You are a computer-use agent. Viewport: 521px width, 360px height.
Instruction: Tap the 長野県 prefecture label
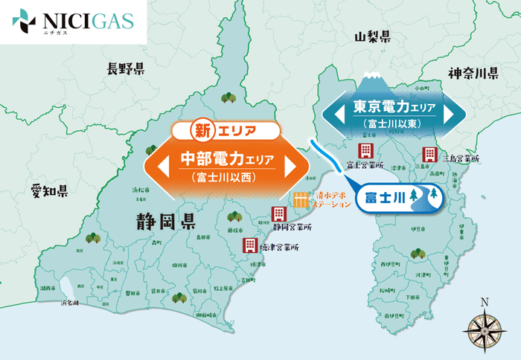click(x=125, y=69)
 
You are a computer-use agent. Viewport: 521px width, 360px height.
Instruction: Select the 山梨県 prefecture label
click(x=372, y=36)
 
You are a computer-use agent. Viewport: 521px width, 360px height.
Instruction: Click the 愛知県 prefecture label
click(x=50, y=191)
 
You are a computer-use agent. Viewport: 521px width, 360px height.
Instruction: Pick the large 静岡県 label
click(x=165, y=221)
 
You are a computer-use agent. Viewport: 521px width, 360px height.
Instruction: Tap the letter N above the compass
click(x=485, y=301)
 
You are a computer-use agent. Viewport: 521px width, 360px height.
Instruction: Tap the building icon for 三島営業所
click(x=429, y=155)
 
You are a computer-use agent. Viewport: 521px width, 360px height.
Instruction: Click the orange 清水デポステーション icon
click(x=300, y=199)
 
